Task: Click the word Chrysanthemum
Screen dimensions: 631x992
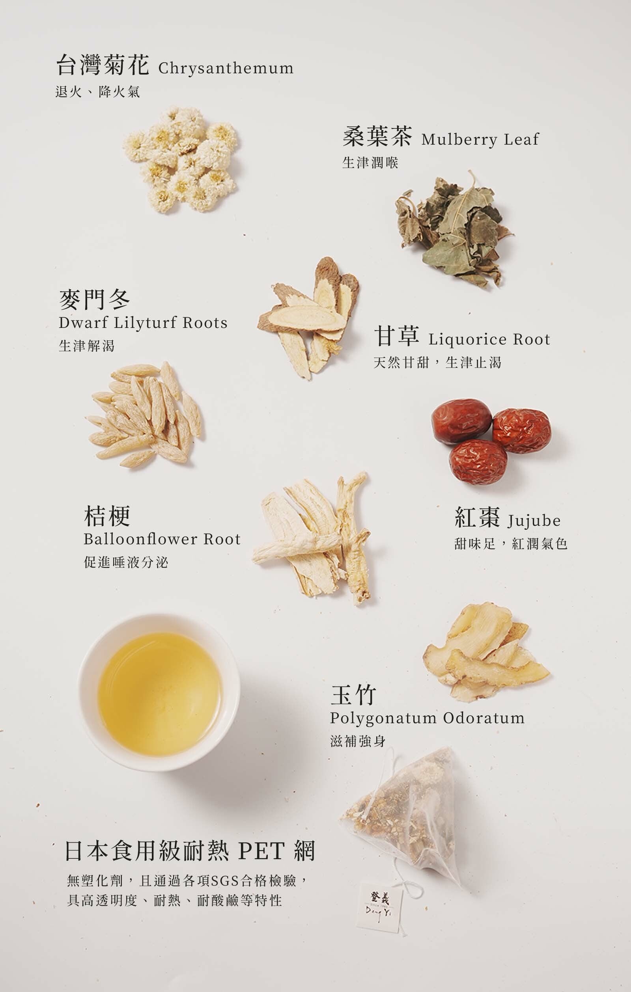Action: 226,68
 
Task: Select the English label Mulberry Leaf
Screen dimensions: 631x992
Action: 480,139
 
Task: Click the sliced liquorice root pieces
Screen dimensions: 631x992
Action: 309,317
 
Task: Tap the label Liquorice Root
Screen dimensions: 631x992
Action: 489,339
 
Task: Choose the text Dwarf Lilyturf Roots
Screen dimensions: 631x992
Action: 143,322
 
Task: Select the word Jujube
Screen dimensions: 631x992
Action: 534,521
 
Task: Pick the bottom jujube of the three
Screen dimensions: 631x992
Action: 478,462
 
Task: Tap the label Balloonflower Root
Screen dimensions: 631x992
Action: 162,539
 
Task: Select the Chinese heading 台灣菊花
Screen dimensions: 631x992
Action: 103,65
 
